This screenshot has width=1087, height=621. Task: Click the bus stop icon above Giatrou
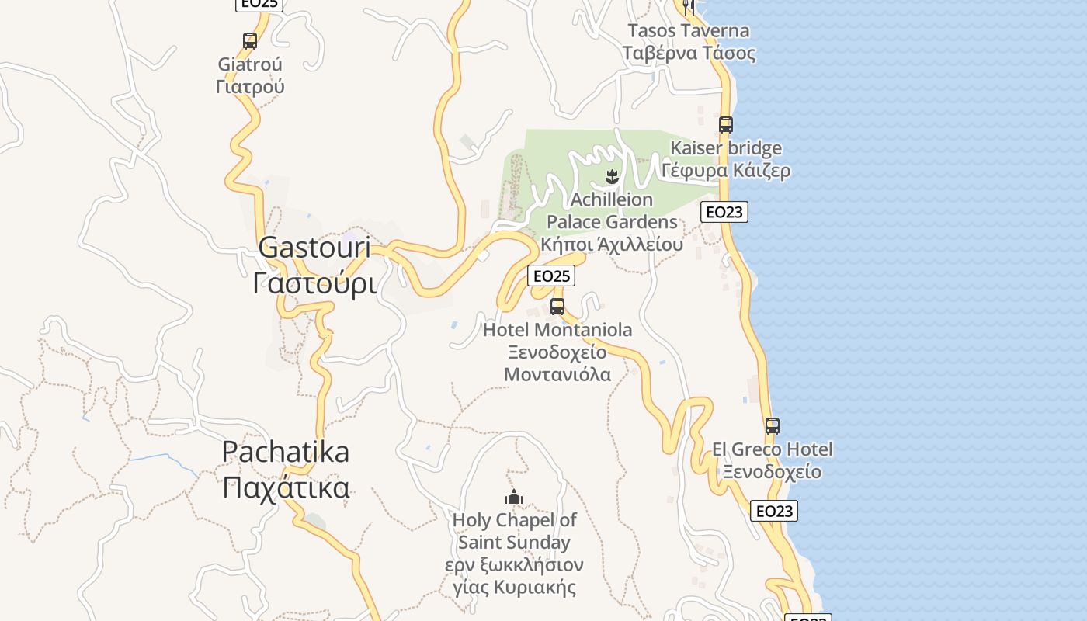(x=250, y=41)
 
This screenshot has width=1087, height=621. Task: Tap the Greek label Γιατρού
(x=250, y=85)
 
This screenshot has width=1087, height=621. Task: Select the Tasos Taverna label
(x=688, y=31)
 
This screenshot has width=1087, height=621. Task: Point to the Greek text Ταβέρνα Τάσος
(x=688, y=53)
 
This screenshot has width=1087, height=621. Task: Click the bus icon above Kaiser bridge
(x=726, y=124)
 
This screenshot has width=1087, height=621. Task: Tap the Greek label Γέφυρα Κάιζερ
(x=726, y=170)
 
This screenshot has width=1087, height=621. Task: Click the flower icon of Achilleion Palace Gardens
(x=613, y=176)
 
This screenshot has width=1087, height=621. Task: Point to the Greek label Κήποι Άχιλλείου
(x=612, y=245)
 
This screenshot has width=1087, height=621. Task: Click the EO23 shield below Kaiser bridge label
(x=724, y=212)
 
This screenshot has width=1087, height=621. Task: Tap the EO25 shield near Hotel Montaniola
(x=551, y=276)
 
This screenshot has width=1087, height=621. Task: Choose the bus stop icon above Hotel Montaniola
(x=557, y=306)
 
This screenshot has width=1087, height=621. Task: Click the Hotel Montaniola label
(x=557, y=330)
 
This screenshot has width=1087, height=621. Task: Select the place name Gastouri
(x=314, y=248)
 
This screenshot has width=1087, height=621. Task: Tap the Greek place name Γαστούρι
(x=314, y=283)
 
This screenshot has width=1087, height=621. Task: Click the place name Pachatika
(x=286, y=452)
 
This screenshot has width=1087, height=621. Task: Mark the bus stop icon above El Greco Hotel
(x=772, y=426)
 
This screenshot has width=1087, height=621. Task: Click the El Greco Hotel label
(x=772, y=449)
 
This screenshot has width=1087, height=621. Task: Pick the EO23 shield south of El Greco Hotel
(x=774, y=511)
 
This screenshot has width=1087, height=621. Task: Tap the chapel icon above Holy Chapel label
(x=514, y=497)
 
